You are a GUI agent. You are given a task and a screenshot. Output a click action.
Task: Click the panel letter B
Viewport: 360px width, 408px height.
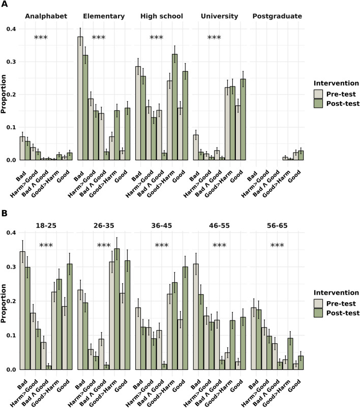(4, 194)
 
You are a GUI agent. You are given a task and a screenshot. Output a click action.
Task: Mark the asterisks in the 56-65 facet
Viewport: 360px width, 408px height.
(277, 246)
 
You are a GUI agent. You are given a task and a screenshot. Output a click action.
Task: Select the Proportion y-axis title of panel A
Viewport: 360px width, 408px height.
(5, 95)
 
